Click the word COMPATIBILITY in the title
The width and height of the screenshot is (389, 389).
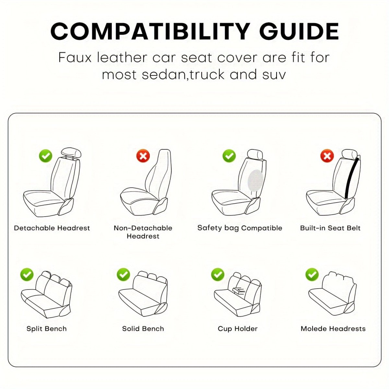click(x=150, y=31)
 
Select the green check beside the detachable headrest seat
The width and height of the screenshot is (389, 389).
click(x=46, y=156)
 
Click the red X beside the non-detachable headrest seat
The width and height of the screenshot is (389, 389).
click(x=143, y=156)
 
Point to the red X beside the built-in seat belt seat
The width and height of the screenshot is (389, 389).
click(x=327, y=156)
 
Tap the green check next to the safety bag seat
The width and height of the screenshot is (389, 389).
click(x=229, y=156)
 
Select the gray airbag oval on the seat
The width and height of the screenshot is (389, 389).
click(x=255, y=181)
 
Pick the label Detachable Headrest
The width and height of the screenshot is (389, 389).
click(x=52, y=228)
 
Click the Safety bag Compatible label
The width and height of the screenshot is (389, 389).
click(x=240, y=228)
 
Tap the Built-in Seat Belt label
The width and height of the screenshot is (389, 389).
click(x=330, y=228)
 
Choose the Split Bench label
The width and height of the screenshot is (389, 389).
click(x=47, y=329)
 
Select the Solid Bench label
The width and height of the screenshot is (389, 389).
click(x=143, y=329)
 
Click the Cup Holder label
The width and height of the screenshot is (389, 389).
click(x=238, y=329)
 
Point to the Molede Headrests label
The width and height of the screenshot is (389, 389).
click(x=333, y=329)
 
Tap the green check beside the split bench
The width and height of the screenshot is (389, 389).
click(x=27, y=275)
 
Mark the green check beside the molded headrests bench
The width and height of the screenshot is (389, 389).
click(x=312, y=275)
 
